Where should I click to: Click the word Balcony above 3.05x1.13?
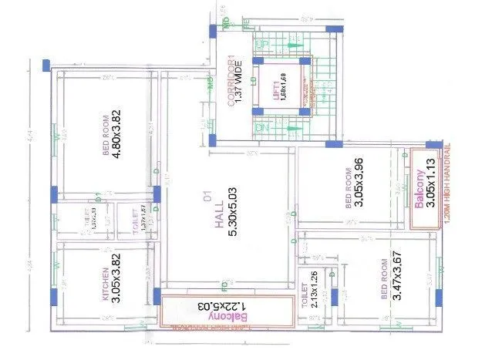tap(420, 187)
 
